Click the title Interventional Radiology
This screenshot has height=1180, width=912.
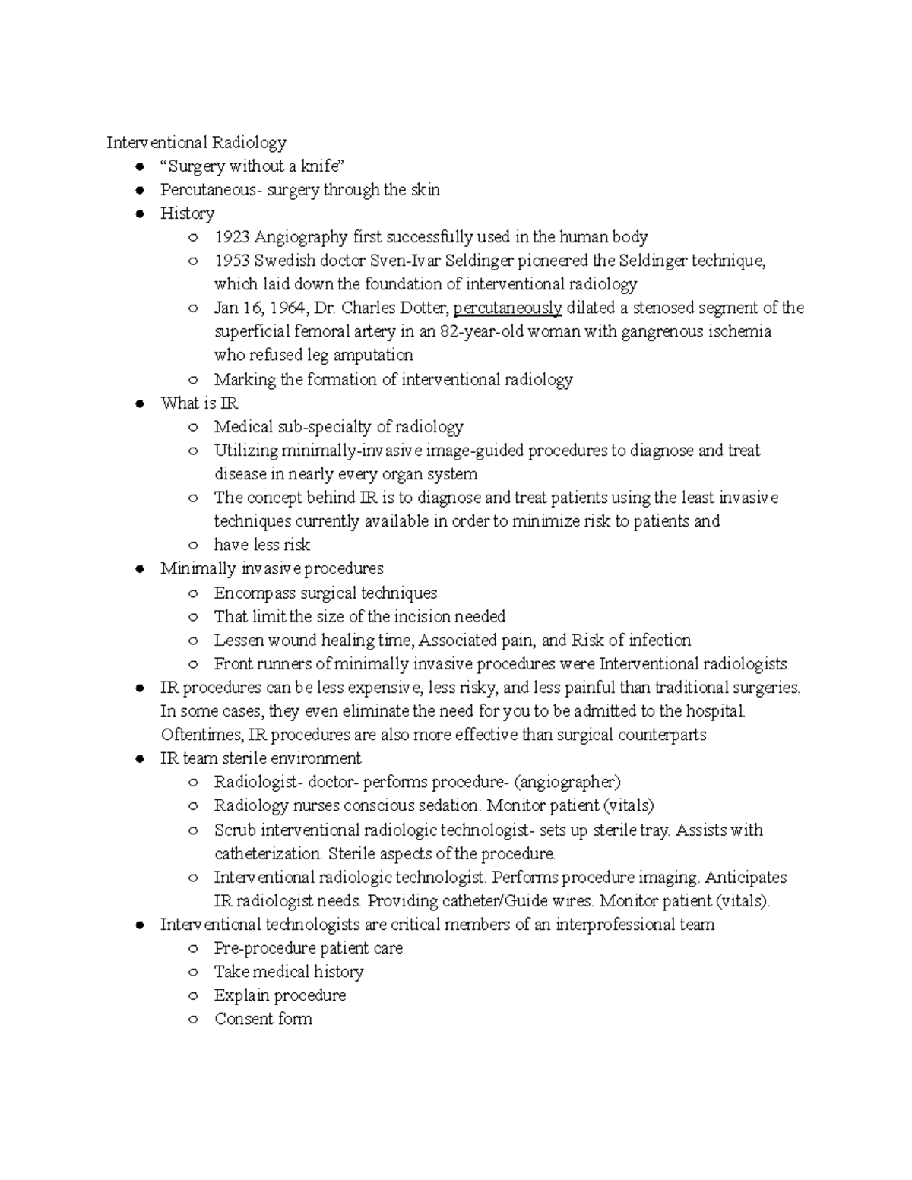tap(196, 143)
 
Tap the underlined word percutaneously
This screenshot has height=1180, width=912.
tap(507, 308)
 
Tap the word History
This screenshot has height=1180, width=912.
tap(187, 214)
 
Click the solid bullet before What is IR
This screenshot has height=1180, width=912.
tap(139, 403)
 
